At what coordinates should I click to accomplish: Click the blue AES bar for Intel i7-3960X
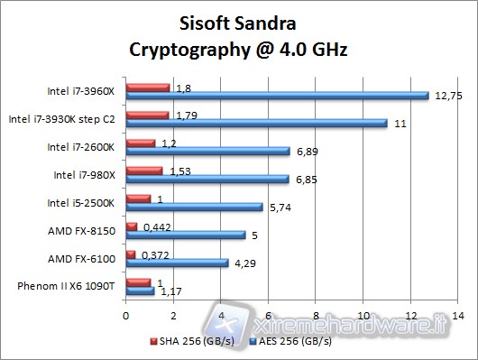(x=277, y=96)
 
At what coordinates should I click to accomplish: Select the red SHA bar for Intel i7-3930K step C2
(x=148, y=115)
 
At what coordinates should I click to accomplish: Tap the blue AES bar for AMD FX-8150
(x=186, y=235)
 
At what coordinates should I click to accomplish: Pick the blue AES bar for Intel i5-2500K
(x=195, y=207)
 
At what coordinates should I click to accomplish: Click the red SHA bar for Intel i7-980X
(x=144, y=170)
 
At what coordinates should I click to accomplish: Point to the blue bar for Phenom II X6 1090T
(x=141, y=290)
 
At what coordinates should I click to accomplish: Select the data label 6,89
(x=308, y=152)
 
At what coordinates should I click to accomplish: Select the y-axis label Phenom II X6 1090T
(x=67, y=286)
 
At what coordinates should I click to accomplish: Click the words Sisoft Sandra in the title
(x=237, y=22)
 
